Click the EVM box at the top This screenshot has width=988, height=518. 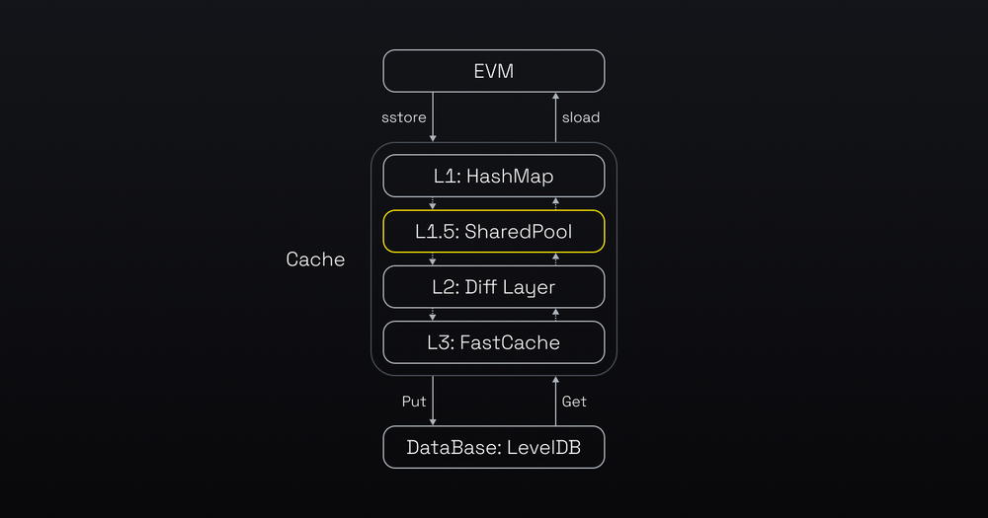click(x=494, y=71)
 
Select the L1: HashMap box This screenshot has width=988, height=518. click(x=494, y=177)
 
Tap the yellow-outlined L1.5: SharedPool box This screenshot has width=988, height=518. click(x=494, y=232)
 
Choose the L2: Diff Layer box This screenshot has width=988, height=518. click(x=494, y=287)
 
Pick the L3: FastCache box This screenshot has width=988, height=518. click(x=494, y=342)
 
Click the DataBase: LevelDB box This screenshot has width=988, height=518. click(x=494, y=447)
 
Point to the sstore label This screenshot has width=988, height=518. click(x=404, y=117)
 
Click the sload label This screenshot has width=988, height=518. click(x=581, y=117)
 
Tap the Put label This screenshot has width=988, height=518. click(x=413, y=402)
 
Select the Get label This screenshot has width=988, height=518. click(x=574, y=402)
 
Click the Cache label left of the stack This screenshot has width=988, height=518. click(x=315, y=259)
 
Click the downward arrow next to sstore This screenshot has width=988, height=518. click(x=433, y=117)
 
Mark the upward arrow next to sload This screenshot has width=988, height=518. click(x=555, y=117)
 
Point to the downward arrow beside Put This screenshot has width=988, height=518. click(x=433, y=401)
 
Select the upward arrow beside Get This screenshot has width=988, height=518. click(x=555, y=401)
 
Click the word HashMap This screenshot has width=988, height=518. click(x=510, y=177)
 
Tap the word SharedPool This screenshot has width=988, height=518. click(x=519, y=232)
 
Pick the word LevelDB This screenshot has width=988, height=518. click(x=543, y=447)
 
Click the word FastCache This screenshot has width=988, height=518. click(x=510, y=342)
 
